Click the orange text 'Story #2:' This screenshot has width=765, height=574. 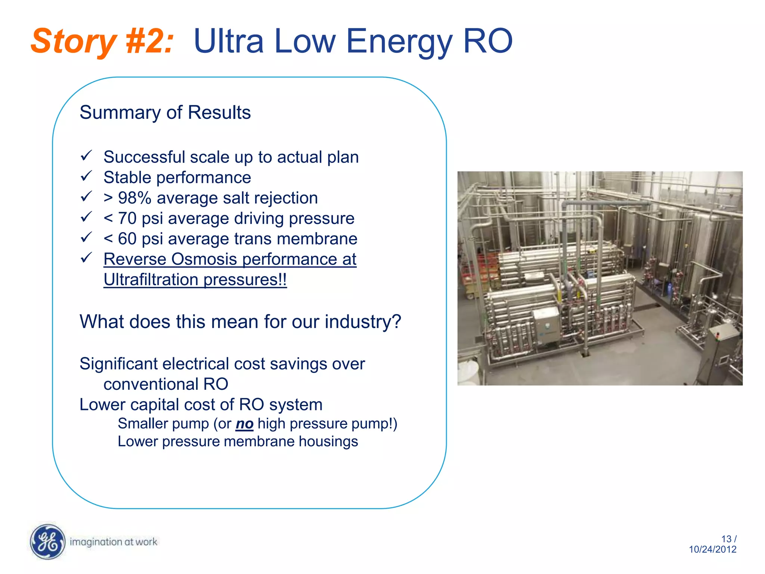tap(102, 41)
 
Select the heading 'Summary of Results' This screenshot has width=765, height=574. tap(165, 112)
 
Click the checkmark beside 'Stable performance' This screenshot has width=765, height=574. tap(86, 176)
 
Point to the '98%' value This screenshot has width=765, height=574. tap(134, 198)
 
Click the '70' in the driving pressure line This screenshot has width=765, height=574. tap(127, 219)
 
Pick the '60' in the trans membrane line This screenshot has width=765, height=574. tap(127, 239)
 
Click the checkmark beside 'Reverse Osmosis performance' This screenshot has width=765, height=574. tap(86, 257)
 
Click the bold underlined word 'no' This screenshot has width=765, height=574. tap(245, 424)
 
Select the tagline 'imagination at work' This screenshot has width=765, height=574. tap(114, 542)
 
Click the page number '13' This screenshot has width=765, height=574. tap(726, 539)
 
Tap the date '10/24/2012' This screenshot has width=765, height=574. tap(713, 549)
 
